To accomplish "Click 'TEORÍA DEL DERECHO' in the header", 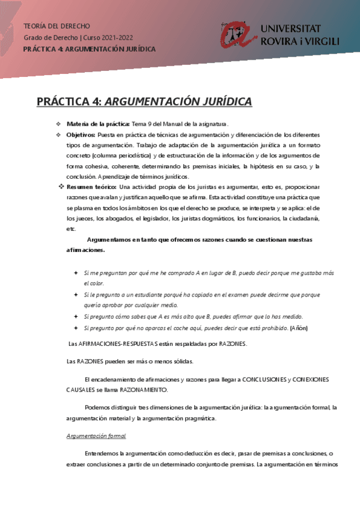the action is click(56, 26).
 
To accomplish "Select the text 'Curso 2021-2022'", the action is click(112, 37).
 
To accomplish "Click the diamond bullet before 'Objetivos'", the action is click(58, 134).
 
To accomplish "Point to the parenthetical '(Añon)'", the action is click(298, 328).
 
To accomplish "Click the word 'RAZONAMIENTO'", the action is click(142, 390).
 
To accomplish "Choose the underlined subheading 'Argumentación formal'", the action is click(96, 435).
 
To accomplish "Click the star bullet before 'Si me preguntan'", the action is click(76, 273).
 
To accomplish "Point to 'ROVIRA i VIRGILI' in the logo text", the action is click(300, 41).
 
